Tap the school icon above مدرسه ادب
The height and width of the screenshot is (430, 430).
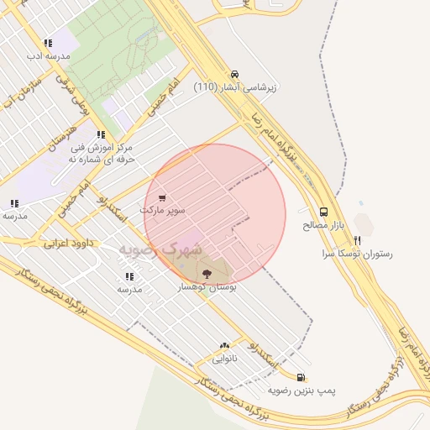click(48, 43)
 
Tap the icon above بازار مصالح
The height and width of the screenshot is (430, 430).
click(324, 212)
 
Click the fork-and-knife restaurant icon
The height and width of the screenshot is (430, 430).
click(357, 240)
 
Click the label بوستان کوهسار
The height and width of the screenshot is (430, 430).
click(207, 287)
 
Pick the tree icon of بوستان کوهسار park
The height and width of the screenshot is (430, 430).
click(207, 274)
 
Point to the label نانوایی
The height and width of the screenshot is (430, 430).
click(224, 359)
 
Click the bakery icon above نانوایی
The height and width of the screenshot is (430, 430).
click(224, 345)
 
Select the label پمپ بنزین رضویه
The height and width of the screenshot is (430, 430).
click(302, 391)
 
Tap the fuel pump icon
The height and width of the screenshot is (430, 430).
click(302, 378)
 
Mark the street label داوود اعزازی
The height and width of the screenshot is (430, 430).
click(67, 243)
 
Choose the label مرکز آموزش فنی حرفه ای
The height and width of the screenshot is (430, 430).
click(102, 152)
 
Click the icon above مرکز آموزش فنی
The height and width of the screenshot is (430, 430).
click(101, 134)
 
